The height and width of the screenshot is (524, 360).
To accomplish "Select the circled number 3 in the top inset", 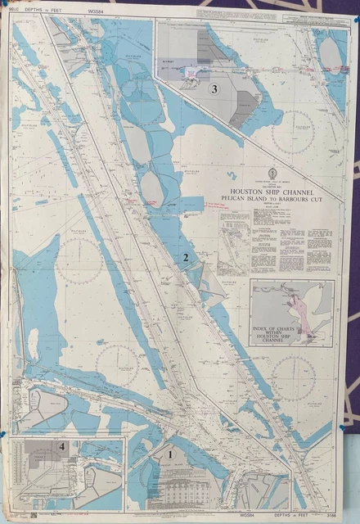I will pos(214,89).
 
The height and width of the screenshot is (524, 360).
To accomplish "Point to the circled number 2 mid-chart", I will pos(187,257).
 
